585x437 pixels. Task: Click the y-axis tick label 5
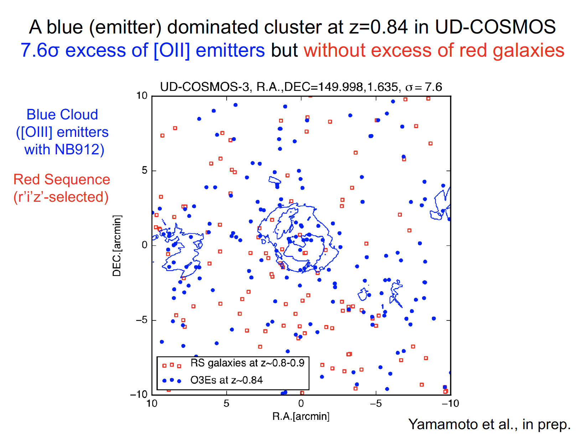tap(144, 170)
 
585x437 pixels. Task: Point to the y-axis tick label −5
tap(142, 320)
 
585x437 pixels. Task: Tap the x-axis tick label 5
tap(226, 403)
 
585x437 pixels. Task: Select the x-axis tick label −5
tap(376, 403)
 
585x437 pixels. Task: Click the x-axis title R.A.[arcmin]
tap(301, 416)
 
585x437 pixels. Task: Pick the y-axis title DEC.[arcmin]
tap(117, 246)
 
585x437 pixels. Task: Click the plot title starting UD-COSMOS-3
tap(301, 87)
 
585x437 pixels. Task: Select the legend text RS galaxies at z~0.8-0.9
tap(247, 363)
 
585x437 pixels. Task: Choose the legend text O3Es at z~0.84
tap(226, 380)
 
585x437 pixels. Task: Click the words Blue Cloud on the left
tap(62, 114)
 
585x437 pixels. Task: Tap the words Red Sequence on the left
tap(62, 179)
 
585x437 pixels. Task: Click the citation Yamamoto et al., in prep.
tap(489, 424)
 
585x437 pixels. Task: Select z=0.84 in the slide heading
tap(378, 27)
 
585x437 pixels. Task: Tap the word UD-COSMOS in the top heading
tap(495, 27)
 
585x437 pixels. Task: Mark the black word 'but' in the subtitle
tap(284, 50)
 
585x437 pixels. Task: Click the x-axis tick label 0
tap(301, 403)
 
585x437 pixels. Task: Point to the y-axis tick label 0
tap(144, 245)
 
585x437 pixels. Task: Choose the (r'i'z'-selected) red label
tap(61, 197)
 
